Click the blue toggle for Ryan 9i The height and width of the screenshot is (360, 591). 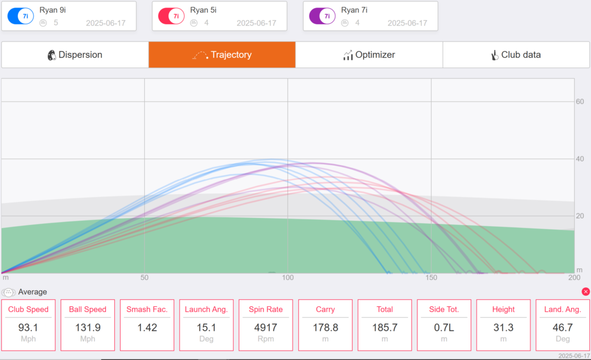coord(21,16)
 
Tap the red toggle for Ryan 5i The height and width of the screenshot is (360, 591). coord(171,16)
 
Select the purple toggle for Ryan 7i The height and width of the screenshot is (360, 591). coord(322,16)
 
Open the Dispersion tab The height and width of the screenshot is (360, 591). coord(75,55)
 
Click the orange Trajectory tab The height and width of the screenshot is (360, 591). coord(222,55)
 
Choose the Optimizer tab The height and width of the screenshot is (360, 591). coord(369,55)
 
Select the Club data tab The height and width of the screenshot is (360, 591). coord(517,55)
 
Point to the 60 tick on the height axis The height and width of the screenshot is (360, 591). coord(579,102)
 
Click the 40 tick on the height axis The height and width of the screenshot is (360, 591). coord(579,159)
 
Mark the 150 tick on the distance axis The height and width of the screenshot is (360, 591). coord(431,277)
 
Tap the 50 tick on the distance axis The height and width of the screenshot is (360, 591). coord(144,277)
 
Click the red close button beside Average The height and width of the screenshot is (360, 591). coord(586,291)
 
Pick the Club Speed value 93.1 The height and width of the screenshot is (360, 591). coord(28,328)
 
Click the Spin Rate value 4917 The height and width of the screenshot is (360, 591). coord(265,328)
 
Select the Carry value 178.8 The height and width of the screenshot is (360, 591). coord(326,328)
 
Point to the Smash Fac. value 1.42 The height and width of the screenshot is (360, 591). coord(147,328)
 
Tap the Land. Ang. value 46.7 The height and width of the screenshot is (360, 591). coord(563,328)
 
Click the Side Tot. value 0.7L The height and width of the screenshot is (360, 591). coord(444,328)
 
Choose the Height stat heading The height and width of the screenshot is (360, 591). coord(503,310)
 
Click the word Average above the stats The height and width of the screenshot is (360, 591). coord(32,292)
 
